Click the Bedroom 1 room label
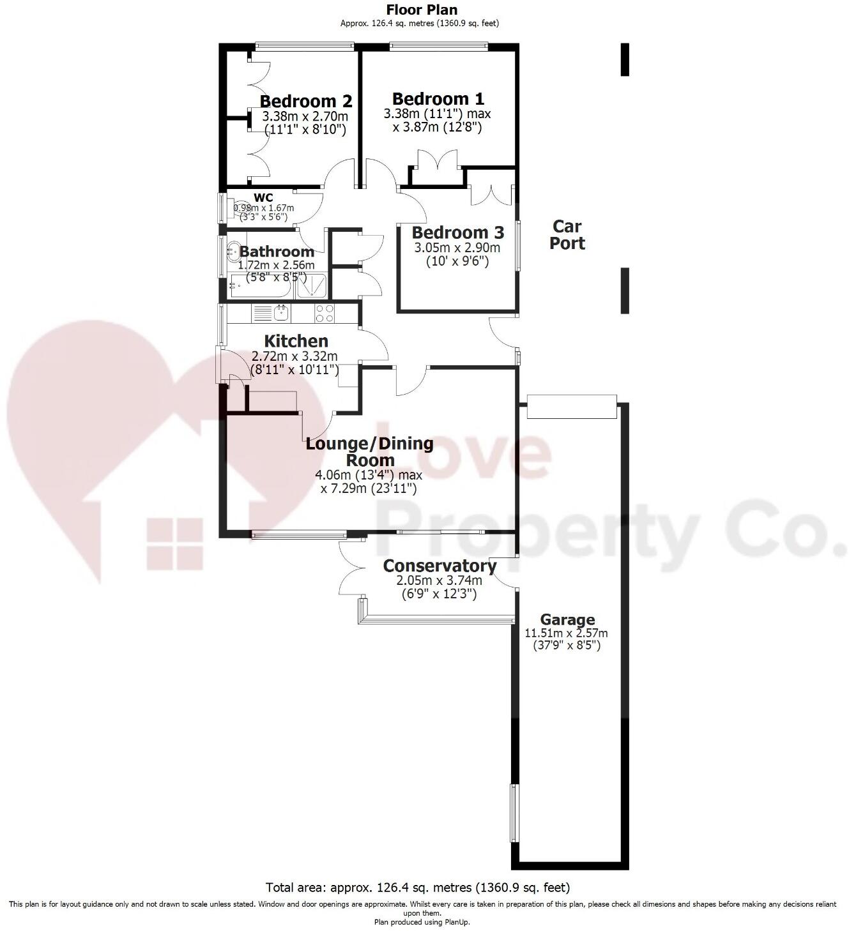coord(438,99)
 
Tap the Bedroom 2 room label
coord(306,102)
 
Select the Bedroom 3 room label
coord(457,232)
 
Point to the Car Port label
coord(567,234)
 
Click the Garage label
coord(567,619)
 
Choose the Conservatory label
coord(440,566)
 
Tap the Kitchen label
coord(296,341)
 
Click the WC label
coord(263,198)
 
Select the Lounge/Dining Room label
coord(369,451)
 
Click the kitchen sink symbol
coord(280,313)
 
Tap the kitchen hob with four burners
coord(324,313)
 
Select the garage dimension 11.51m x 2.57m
coord(566,633)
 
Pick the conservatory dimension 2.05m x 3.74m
coord(439,580)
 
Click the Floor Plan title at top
coord(422,10)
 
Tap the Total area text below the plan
coord(418,888)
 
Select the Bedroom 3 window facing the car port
coord(518,245)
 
